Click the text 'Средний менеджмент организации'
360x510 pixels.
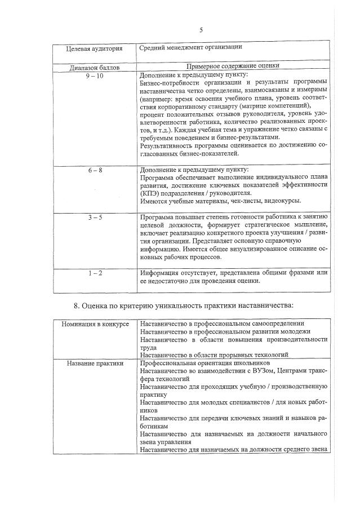(x=191, y=47)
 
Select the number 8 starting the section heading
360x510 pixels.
(x=76, y=306)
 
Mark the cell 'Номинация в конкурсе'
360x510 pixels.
(x=95, y=324)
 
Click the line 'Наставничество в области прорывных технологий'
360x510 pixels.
(x=214, y=355)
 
